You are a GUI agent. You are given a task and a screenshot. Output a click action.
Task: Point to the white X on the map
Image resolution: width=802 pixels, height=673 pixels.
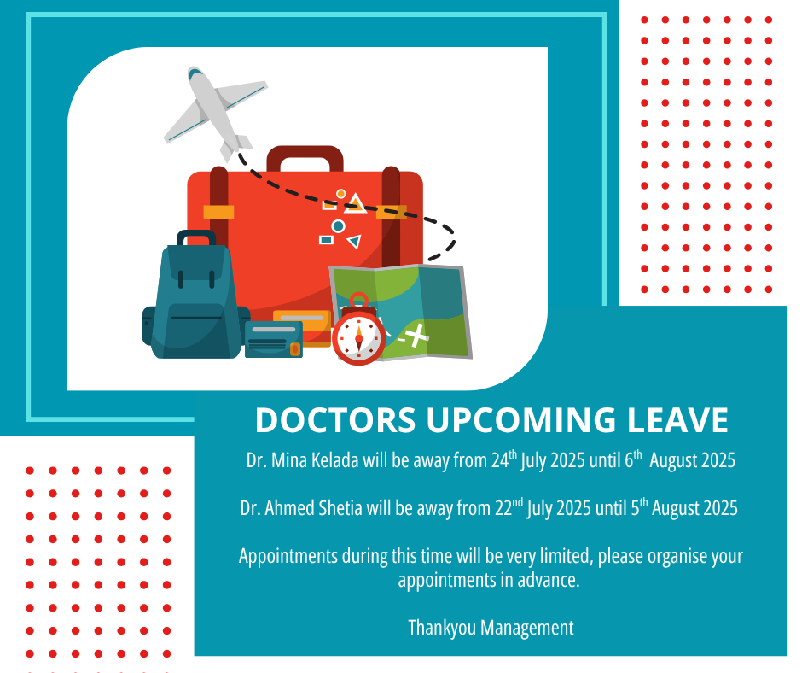coord(417,336)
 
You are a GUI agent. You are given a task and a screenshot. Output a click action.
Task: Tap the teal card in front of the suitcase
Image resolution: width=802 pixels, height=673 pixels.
coord(274,339)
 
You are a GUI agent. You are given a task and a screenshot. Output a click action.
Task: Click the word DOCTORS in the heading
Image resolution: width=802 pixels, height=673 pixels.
coord(335,420)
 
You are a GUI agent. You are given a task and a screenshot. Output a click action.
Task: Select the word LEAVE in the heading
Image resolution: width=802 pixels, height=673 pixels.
coord(677,420)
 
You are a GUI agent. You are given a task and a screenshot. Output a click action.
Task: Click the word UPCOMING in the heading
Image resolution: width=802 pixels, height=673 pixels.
coord(520,420)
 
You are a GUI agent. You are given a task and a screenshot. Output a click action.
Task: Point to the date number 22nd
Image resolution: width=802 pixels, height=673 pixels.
coord(509,507)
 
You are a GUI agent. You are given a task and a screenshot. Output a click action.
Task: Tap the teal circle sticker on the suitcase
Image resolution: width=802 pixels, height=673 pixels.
coord(338,225)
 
